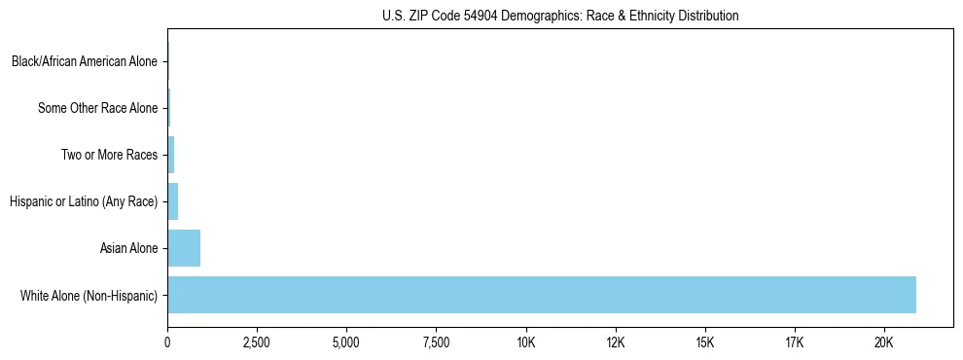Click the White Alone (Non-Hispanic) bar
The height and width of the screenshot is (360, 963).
[542, 295]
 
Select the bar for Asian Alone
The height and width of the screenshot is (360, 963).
[184, 248]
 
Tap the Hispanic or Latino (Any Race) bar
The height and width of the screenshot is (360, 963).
[173, 201]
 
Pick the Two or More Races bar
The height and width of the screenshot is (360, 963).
[171, 155]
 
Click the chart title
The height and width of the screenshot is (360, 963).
[560, 16]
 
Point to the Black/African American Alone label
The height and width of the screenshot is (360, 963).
[85, 61]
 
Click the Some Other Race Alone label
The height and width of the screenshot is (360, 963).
[97, 108]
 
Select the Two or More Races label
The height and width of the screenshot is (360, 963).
[109, 155]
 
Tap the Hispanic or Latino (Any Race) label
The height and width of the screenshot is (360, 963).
[84, 201]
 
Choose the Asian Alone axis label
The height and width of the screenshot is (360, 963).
[128, 248]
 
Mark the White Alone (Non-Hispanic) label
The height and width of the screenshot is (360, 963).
[89, 295]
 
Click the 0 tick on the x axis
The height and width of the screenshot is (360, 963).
[167, 342]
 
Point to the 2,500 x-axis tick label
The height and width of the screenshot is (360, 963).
[257, 342]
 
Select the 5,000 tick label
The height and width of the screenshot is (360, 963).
[346, 342]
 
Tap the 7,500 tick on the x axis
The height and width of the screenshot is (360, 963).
[436, 342]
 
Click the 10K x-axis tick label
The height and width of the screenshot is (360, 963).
[526, 342]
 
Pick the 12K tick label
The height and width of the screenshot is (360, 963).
[616, 342]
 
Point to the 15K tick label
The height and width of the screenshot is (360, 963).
[705, 342]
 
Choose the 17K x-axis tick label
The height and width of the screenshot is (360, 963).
[795, 342]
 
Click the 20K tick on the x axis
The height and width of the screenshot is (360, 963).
[884, 342]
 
